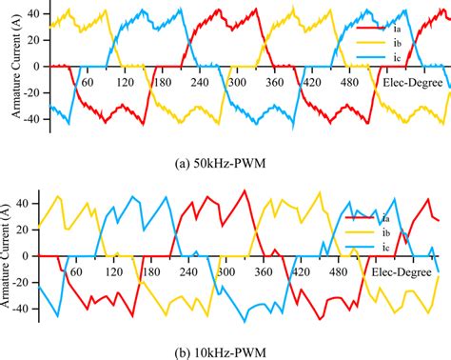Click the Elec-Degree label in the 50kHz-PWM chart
tap(411, 82)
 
